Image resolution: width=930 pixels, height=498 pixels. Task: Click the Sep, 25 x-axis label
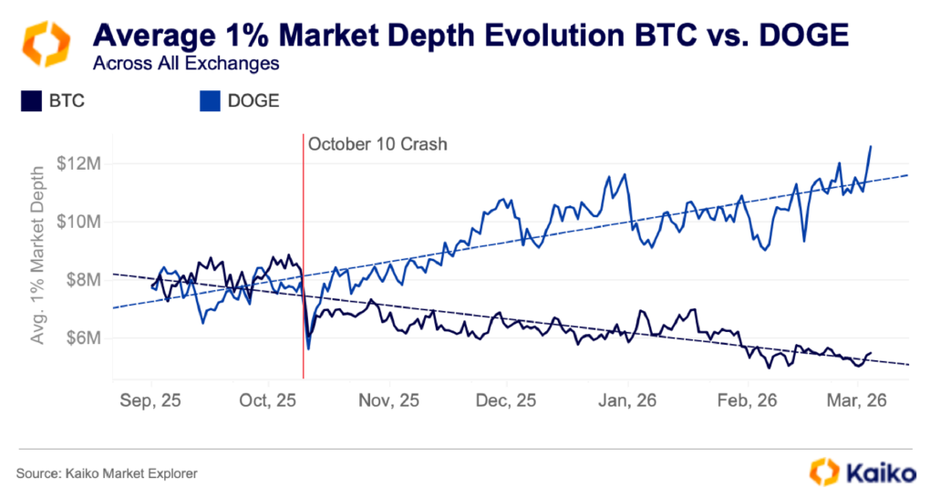tap(150, 400)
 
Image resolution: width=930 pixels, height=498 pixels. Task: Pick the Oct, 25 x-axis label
tap(269, 400)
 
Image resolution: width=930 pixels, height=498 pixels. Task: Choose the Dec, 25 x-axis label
tap(507, 400)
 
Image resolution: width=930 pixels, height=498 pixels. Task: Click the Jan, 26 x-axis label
tap(626, 400)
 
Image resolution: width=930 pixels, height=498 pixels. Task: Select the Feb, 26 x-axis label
tap(746, 400)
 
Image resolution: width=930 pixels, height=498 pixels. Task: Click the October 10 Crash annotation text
tap(377, 144)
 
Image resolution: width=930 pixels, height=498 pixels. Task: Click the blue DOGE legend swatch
tap(209, 101)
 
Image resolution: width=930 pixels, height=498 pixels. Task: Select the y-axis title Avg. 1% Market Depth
tap(37, 254)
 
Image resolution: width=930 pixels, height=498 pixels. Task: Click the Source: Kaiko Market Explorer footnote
tap(107, 473)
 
